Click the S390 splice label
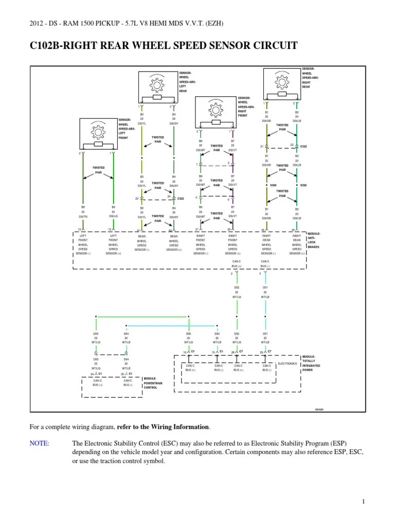pyautogui.click(x=274, y=185)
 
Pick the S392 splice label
pyautogui.click(x=303, y=185)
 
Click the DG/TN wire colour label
pyautogui.click(x=83, y=217)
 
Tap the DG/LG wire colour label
pyautogui.click(x=113, y=217)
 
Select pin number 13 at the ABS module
pyautogui.click(x=79, y=230)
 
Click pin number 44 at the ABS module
pyautogui.click(x=263, y=230)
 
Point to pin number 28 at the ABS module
pyautogui.click(x=229, y=230)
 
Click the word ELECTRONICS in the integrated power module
pyautogui.click(x=288, y=363)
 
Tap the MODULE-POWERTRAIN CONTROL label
pyautogui.click(x=151, y=382)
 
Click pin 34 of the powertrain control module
pyautogui.click(x=93, y=374)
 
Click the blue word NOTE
pyautogui.click(x=40, y=444)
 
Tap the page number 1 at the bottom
pyautogui.click(x=363, y=501)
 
